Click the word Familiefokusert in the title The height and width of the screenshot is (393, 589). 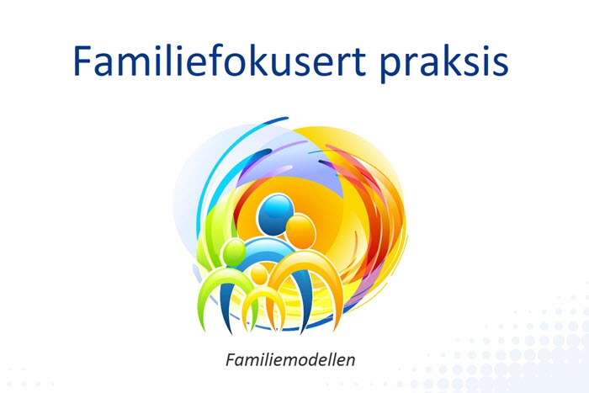pyautogui.click(x=220, y=60)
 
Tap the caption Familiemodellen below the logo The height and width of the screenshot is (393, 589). pyautogui.click(x=290, y=359)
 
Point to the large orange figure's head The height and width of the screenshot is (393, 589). pyautogui.click(x=300, y=231)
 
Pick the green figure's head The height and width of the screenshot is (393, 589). pyautogui.click(x=234, y=252)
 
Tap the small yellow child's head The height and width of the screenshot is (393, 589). pyautogui.click(x=259, y=275)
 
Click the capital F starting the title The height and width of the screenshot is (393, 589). pyautogui.click(x=82, y=61)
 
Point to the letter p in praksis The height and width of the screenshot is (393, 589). pyautogui.click(x=390, y=65)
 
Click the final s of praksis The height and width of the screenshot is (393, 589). pyautogui.click(x=501, y=65)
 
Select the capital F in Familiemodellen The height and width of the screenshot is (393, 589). pyautogui.click(x=231, y=359)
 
